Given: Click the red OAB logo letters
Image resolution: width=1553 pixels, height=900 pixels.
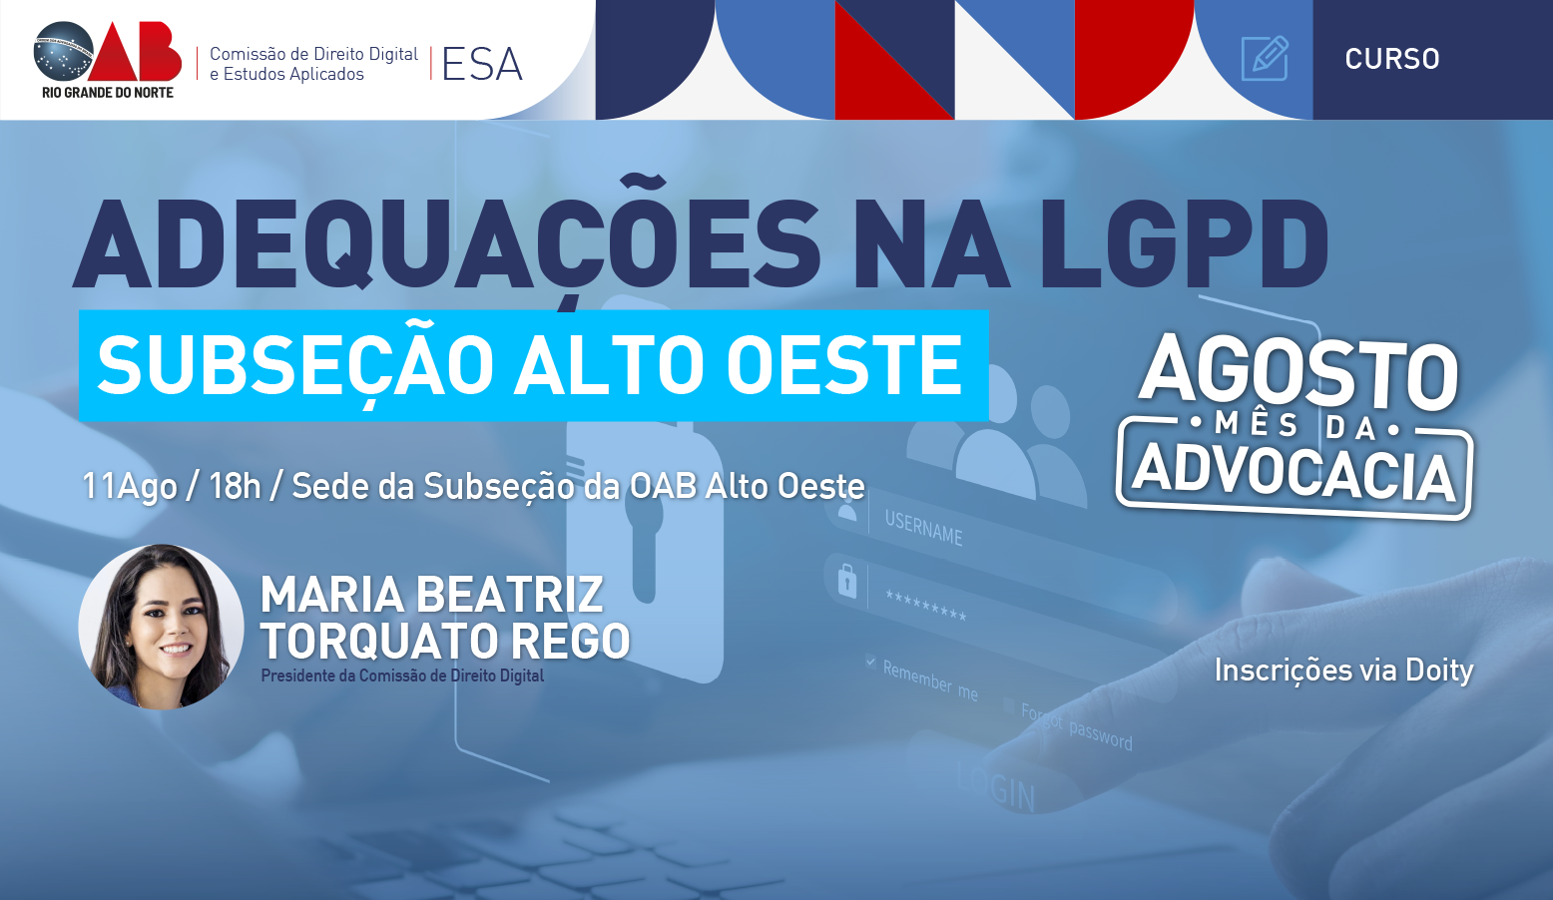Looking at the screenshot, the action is pyautogui.click(x=137, y=52).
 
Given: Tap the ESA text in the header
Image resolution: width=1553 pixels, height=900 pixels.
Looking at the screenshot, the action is pyautogui.click(x=482, y=65).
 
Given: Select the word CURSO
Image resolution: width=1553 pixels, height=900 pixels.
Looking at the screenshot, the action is pyautogui.click(x=1392, y=59).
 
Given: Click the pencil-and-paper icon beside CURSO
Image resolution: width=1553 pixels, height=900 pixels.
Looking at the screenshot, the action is pyautogui.click(x=1265, y=58).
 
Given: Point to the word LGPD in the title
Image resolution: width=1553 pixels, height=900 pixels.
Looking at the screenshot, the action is pyautogui.click(x=1184, y=243).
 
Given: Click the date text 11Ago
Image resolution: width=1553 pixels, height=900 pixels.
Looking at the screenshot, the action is pyautogui.click(x=130, y=486).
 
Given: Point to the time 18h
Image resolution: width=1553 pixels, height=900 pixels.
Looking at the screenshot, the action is pyautogui.click(x=235, y=486).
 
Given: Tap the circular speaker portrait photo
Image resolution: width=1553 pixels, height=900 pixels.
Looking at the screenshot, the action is pyautogui.click(x=161, y=627).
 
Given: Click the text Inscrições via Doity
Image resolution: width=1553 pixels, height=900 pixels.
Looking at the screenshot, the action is pyautogui.click(x=1343, y=670).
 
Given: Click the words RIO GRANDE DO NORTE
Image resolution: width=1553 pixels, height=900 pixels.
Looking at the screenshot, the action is pyautogui.click(x=108, y=92).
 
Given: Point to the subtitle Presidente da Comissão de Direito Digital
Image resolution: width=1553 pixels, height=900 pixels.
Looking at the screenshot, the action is pyautogui.click(x=402, y=675).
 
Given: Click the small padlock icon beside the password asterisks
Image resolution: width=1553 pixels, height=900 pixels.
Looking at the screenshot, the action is pyautogui.click(x=846, y=581).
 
